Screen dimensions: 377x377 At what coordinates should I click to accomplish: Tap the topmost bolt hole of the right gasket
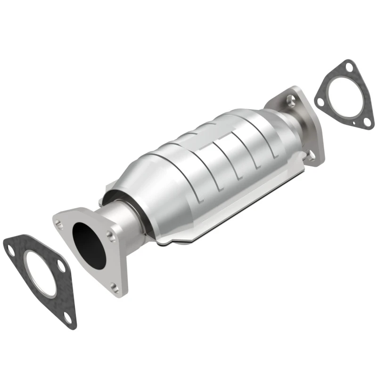click(348, 67)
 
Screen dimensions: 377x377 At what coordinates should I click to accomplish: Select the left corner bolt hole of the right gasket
click(320, 101)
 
